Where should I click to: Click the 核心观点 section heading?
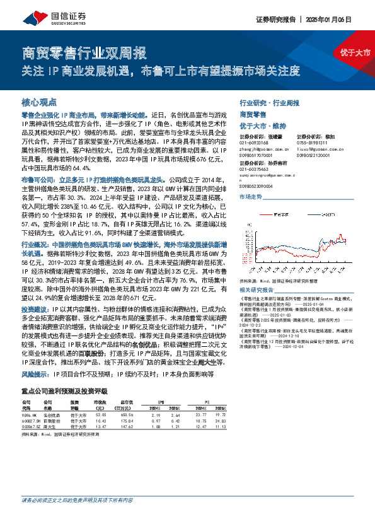click(40, 102)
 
